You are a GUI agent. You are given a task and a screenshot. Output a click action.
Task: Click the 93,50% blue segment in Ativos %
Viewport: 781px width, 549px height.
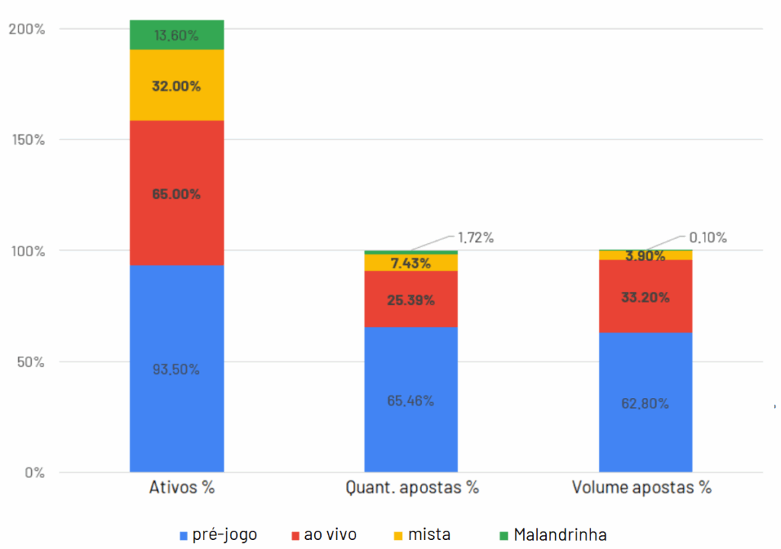coord(176,368)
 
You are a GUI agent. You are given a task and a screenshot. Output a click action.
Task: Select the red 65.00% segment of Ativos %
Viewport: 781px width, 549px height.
coord(176,193)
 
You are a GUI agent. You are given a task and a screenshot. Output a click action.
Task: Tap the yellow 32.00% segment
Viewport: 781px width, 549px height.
coord(176,85)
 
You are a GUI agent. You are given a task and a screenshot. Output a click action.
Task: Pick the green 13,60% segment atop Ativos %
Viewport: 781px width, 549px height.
coord(176,35)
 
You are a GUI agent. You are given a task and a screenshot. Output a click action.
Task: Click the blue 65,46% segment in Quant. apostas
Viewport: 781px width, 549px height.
coord(410,400)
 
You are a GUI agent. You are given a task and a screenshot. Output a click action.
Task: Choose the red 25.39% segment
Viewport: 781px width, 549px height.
coord(410,300)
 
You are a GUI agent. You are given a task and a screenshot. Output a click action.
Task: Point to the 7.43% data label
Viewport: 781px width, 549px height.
coord(410,263)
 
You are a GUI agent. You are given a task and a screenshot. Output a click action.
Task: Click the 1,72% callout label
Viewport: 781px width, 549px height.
coord(475,237)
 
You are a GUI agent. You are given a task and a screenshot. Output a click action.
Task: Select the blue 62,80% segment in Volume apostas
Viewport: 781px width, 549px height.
coord(645,403)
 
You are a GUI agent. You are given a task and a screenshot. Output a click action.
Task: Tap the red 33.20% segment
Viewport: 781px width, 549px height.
coord(645,297)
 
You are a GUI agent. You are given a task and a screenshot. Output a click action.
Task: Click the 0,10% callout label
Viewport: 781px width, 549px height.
coord(707,237)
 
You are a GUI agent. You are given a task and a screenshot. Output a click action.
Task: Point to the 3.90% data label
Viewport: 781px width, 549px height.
coord(645,256)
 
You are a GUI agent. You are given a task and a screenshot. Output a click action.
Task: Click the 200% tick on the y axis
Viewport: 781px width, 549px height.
coord(27,29)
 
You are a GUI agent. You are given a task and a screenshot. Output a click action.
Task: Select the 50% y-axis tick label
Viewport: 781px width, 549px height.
coord(31,361)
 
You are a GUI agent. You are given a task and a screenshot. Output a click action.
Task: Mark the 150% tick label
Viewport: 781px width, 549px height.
coord(27,140)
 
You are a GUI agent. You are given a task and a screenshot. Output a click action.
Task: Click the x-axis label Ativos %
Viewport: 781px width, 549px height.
coord(182,488)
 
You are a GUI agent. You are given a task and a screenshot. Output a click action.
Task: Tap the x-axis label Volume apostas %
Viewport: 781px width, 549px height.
coord(641,488)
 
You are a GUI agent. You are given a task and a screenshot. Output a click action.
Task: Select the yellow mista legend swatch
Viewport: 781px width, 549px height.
coord(397,535)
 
